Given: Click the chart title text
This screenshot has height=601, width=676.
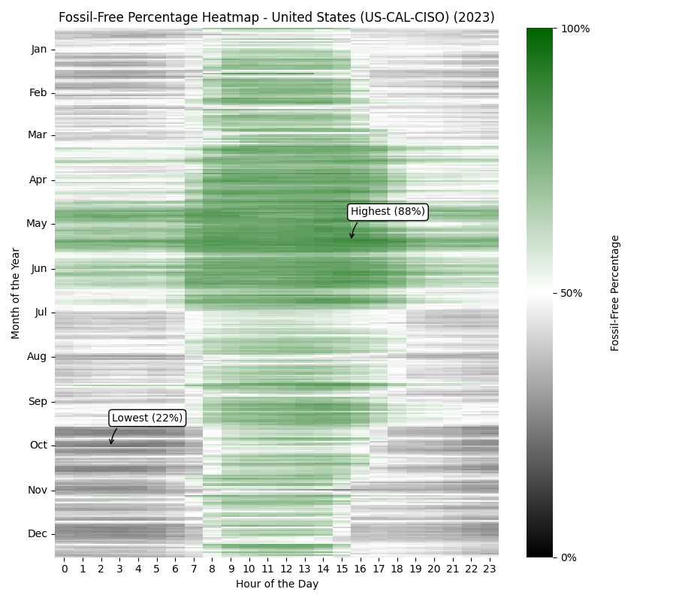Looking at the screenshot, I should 276,17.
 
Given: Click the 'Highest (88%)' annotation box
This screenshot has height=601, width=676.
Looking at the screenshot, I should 388,212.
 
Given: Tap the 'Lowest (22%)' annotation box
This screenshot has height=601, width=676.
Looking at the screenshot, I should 147,418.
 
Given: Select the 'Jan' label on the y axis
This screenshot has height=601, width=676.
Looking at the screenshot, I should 39,50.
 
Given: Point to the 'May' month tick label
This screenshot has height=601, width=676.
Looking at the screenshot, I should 38,223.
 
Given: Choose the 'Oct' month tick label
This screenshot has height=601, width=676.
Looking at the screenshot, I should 38,445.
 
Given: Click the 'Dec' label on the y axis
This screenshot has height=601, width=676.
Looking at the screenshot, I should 38,533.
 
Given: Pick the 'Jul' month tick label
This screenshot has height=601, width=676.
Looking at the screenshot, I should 40,312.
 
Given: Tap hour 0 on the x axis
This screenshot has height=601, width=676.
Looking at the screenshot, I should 65,569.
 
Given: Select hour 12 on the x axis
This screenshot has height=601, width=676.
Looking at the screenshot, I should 286,569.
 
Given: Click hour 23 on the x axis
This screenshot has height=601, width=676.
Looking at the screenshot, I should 489,569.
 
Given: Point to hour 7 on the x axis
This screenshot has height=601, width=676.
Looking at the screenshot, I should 194,569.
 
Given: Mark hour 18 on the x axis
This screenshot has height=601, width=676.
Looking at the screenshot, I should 397,569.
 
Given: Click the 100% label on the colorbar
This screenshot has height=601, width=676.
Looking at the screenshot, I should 575,29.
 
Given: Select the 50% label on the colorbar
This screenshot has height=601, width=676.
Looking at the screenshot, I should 572,293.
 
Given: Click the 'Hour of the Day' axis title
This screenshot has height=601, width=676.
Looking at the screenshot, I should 277,584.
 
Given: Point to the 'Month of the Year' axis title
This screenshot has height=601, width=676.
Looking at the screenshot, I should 16,293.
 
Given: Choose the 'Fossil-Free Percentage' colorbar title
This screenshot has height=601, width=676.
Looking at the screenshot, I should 615,293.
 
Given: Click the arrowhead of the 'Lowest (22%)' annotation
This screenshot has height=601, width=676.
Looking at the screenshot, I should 110,444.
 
